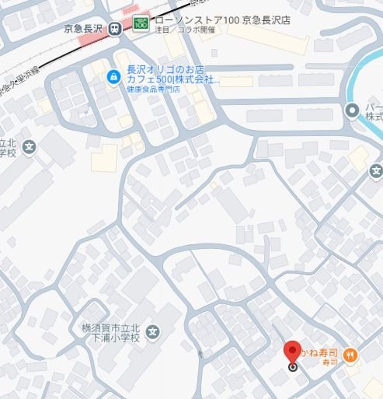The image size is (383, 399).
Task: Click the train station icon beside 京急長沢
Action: (116, 29)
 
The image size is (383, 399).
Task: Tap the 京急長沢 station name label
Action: (85, 29)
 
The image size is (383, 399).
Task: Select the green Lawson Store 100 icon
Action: (141, 23)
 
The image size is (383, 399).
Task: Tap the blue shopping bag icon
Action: (113, 76)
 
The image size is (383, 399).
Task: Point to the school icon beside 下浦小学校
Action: (153, 333)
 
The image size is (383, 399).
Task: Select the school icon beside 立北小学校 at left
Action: (29, 146)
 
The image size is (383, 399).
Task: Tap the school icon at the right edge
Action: (377, 171)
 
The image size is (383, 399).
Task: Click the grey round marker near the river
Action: (351, 110)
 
